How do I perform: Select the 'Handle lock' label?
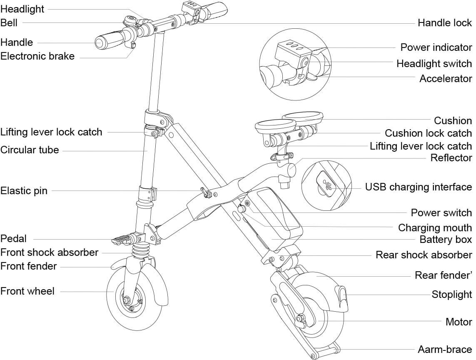pos(444,22)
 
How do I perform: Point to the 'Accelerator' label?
pos(445,78)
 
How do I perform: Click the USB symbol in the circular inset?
pos(327,186)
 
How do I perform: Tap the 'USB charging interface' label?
pos(418,187)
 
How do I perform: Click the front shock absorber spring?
pos(140,251)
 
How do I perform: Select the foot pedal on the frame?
pos(123,239)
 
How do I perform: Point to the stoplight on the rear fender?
pos(343,295)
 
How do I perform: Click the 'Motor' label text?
pos(459,322)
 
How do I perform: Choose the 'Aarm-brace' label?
pos(444,349)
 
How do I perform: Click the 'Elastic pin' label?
pos(24,191)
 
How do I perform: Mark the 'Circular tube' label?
pos(30,150)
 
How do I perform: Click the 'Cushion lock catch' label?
pos(428,133)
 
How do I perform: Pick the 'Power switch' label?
pos(441,213)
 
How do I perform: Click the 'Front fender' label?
pos(28,266)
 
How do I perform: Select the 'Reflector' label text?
pos(451,157)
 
